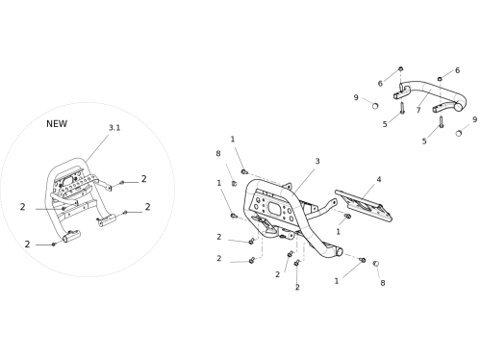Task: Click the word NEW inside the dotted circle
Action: coord(57,124)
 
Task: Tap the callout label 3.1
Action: coord(114,128)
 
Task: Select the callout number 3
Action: coord(317,161)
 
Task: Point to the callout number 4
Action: coord(379,179)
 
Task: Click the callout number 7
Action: coord(418,111)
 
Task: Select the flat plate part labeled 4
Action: coord(364,206)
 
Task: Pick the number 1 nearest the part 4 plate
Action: coord(338,232)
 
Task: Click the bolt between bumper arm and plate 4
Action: coord(347,217)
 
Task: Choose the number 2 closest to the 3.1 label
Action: coord(144,179)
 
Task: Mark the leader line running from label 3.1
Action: coord(97,148)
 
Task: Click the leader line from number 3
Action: coord(304,179)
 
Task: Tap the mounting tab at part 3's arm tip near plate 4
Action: coord(334,202)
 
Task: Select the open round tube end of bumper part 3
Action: coord(339,252)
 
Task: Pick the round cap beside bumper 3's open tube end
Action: coord(376,264)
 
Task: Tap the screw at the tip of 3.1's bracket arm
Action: coord(121,183)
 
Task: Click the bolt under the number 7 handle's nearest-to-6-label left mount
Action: coord(402,108)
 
